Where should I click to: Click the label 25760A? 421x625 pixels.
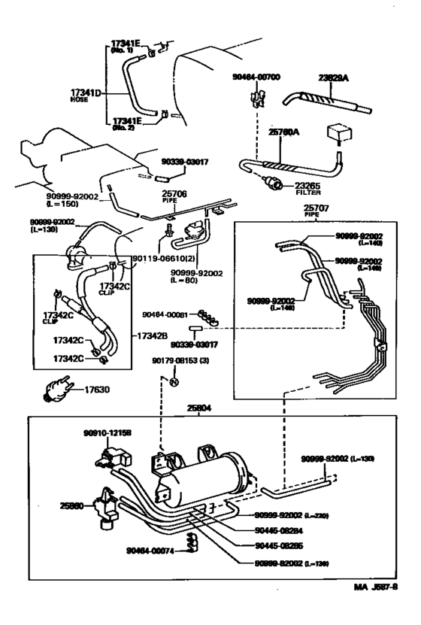tap(285, 132)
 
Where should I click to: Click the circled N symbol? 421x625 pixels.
tap(172, 382)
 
